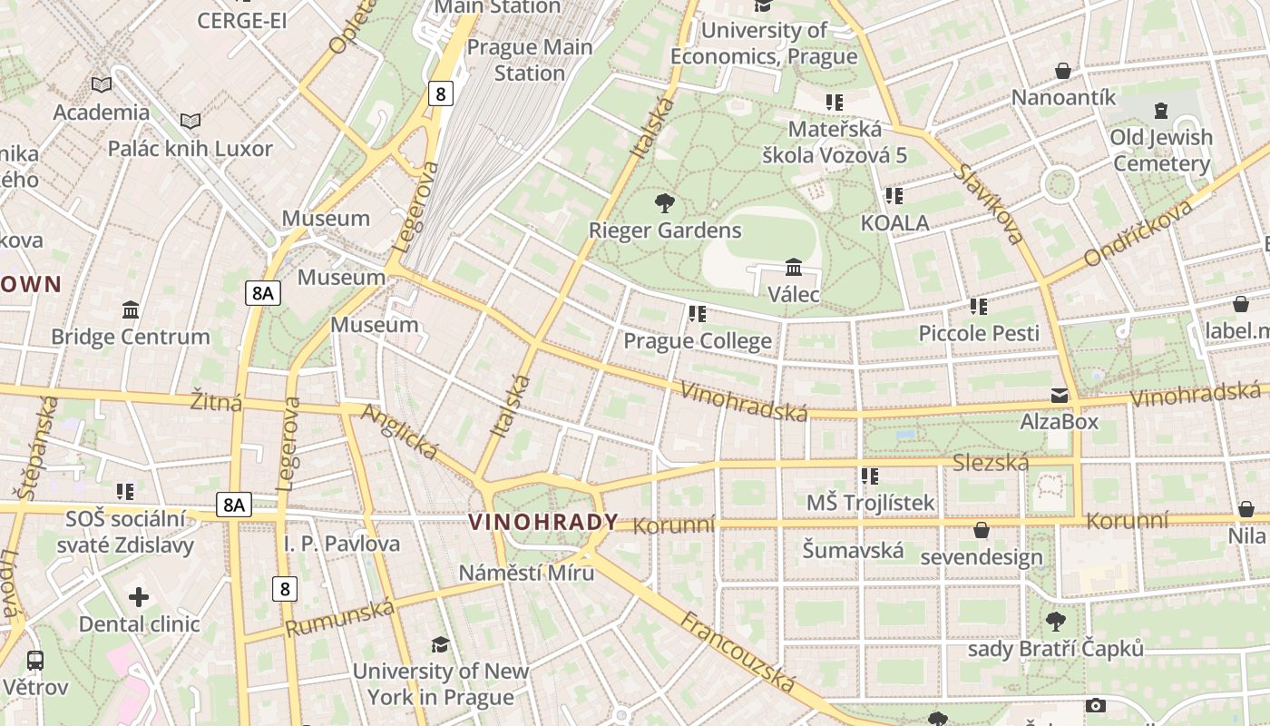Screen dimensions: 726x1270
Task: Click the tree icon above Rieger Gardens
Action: [x=665, y=202]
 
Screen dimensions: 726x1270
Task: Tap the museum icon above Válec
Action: [x=794, y=267]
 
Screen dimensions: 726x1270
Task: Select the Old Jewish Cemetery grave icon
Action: [x=1161, y=111]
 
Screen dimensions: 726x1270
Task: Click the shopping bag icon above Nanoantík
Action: [x=1063, y=71]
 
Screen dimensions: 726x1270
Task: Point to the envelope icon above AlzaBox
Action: [x=1059, y=396]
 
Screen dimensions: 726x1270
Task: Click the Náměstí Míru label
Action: [x=526, y=573]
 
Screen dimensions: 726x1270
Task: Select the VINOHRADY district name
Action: [x=542, y=523]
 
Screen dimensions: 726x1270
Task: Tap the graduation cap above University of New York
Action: [x=440, y=644]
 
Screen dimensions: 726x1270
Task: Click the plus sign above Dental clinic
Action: [x=139, y=597]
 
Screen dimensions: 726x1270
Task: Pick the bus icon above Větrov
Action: [x=35, y=660]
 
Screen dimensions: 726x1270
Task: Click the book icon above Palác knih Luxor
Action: [x=190, y=121]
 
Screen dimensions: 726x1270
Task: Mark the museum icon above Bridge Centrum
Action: [x=131, y=310]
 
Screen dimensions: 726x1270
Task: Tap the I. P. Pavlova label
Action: [x=342, y=544]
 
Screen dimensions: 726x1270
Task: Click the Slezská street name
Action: [x=991, y=464]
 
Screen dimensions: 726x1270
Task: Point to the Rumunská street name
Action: [x=340, y=617]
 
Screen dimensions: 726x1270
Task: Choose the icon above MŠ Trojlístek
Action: [x=869, y=476]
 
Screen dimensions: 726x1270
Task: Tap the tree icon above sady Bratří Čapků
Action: [x=1056, y=622]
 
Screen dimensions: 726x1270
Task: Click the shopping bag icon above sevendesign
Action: [x=982, y=530]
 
